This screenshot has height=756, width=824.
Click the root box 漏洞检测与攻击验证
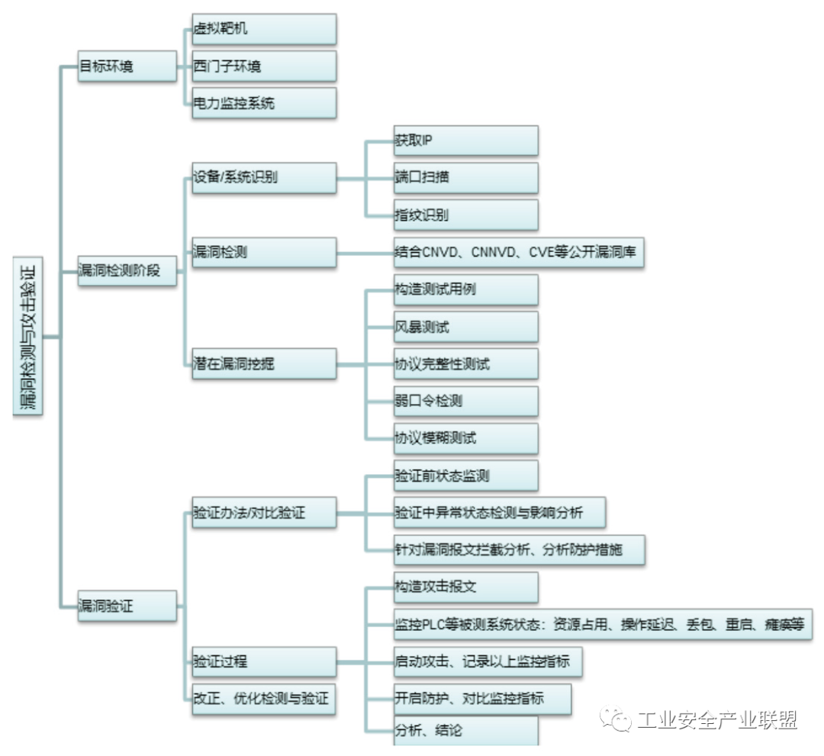(28, 336)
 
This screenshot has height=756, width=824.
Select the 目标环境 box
(127, 66)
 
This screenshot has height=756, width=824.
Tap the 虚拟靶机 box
(264, 29)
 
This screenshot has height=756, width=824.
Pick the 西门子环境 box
(264, 66)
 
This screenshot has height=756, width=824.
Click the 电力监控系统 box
(264, 102)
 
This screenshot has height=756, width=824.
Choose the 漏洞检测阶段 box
(127, 271)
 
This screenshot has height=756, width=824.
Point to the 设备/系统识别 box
(264, 178)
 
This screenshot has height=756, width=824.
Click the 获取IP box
(465, 141)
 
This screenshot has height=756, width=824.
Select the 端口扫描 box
(465, 178)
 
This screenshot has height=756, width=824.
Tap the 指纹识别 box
(465, 215)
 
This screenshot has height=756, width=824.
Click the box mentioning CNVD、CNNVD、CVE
(519, 253)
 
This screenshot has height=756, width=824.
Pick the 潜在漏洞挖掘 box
(264, 363)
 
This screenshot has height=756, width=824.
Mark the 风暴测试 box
(465, 327)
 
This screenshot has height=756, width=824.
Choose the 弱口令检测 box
(465, 402)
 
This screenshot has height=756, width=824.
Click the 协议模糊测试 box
(465, 438)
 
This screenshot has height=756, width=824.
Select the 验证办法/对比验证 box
(264, 512)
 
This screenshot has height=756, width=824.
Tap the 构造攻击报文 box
(465, 587)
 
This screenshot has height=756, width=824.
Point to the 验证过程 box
(264, 662)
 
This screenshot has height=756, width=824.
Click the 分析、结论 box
(465, 731)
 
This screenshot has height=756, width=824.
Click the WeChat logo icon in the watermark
(616, 719)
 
